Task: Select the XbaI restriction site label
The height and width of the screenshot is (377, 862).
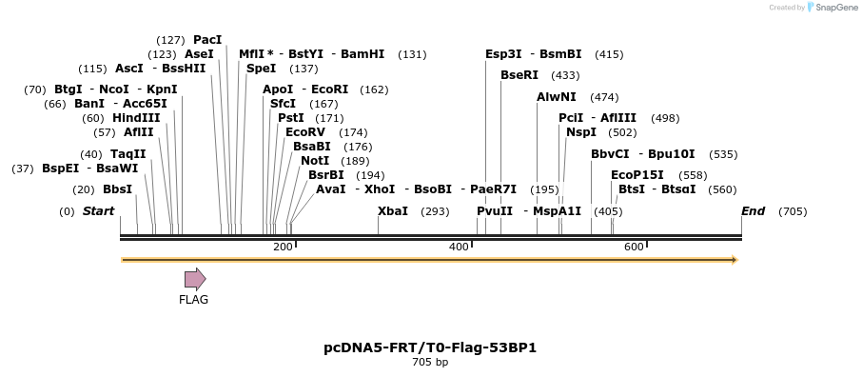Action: point(392,211)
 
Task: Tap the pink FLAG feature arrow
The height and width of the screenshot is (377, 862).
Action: point(195,279)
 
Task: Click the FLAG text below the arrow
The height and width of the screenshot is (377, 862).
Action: point(193,300)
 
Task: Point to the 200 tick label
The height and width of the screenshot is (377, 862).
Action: point(283,248)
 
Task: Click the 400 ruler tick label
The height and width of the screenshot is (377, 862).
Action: point(459,248)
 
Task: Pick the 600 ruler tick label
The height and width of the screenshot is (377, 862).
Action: point(634,248)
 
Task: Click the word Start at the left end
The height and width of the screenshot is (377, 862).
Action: point(98,211)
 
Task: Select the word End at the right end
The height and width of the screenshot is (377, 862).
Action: point(753,211)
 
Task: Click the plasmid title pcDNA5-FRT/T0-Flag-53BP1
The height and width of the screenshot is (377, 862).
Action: point(430,347)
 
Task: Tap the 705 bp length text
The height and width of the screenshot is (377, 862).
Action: point(430,363)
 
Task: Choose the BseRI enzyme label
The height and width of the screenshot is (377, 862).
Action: point(519,75)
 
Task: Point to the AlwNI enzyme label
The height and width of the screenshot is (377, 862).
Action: point(556,97)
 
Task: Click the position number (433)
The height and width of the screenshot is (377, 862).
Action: point(565,75)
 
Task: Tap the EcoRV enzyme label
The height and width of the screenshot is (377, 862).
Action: point(304,132)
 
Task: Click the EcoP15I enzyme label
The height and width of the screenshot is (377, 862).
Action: point(637,175)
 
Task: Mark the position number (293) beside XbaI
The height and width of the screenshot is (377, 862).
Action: point(435,211)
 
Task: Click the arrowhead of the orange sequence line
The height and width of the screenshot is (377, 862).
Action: point(734,260)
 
